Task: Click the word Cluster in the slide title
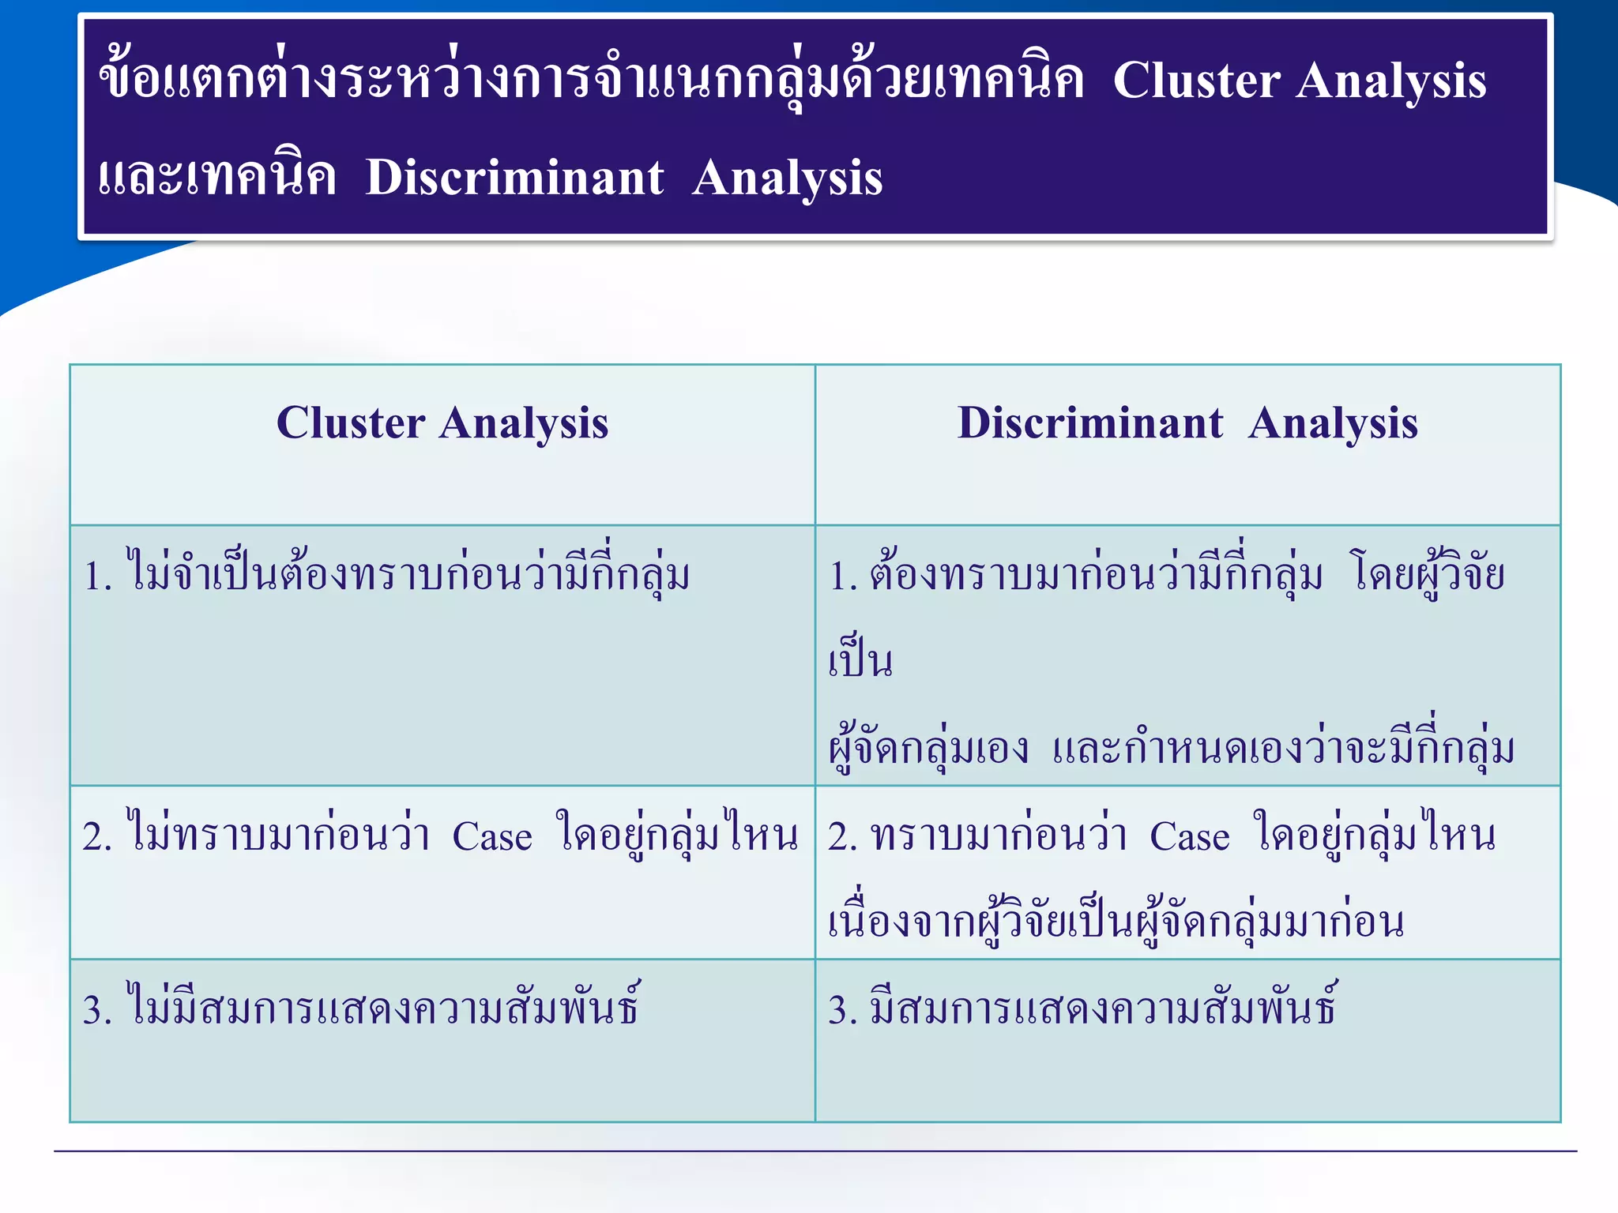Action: pyautogui.click(x=1197, y=81)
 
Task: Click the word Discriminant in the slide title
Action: pyautogui.click(x=514, y=178)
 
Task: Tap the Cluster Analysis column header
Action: pyautogui.click(x=442, y=423)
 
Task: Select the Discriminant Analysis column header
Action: pyautogui.click(x=1187, y=423)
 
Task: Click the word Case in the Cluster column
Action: pyautogui.click(x=491, y=837)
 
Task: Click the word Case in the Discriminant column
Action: pyautogui.click(x=1189, y=837)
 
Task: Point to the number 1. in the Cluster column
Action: pyautogui.click(x=98, y=576)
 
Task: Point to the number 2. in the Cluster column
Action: pyautogui.click(x=98, y=837)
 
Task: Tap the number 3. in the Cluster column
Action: pyautogui.click(x=98, y=1011)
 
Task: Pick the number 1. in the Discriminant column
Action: pyautogui.click(x=843, y=576)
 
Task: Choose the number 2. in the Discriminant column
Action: pyautogui.click(x=843, y=837)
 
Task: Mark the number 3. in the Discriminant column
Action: pyautogui.click(x=843, y=1011)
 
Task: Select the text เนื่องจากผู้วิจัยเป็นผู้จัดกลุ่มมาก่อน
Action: pyautogui.click(x=1116, y=922)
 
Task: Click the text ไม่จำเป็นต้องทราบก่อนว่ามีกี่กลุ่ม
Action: pyautogui.click(x=408, y=575)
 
